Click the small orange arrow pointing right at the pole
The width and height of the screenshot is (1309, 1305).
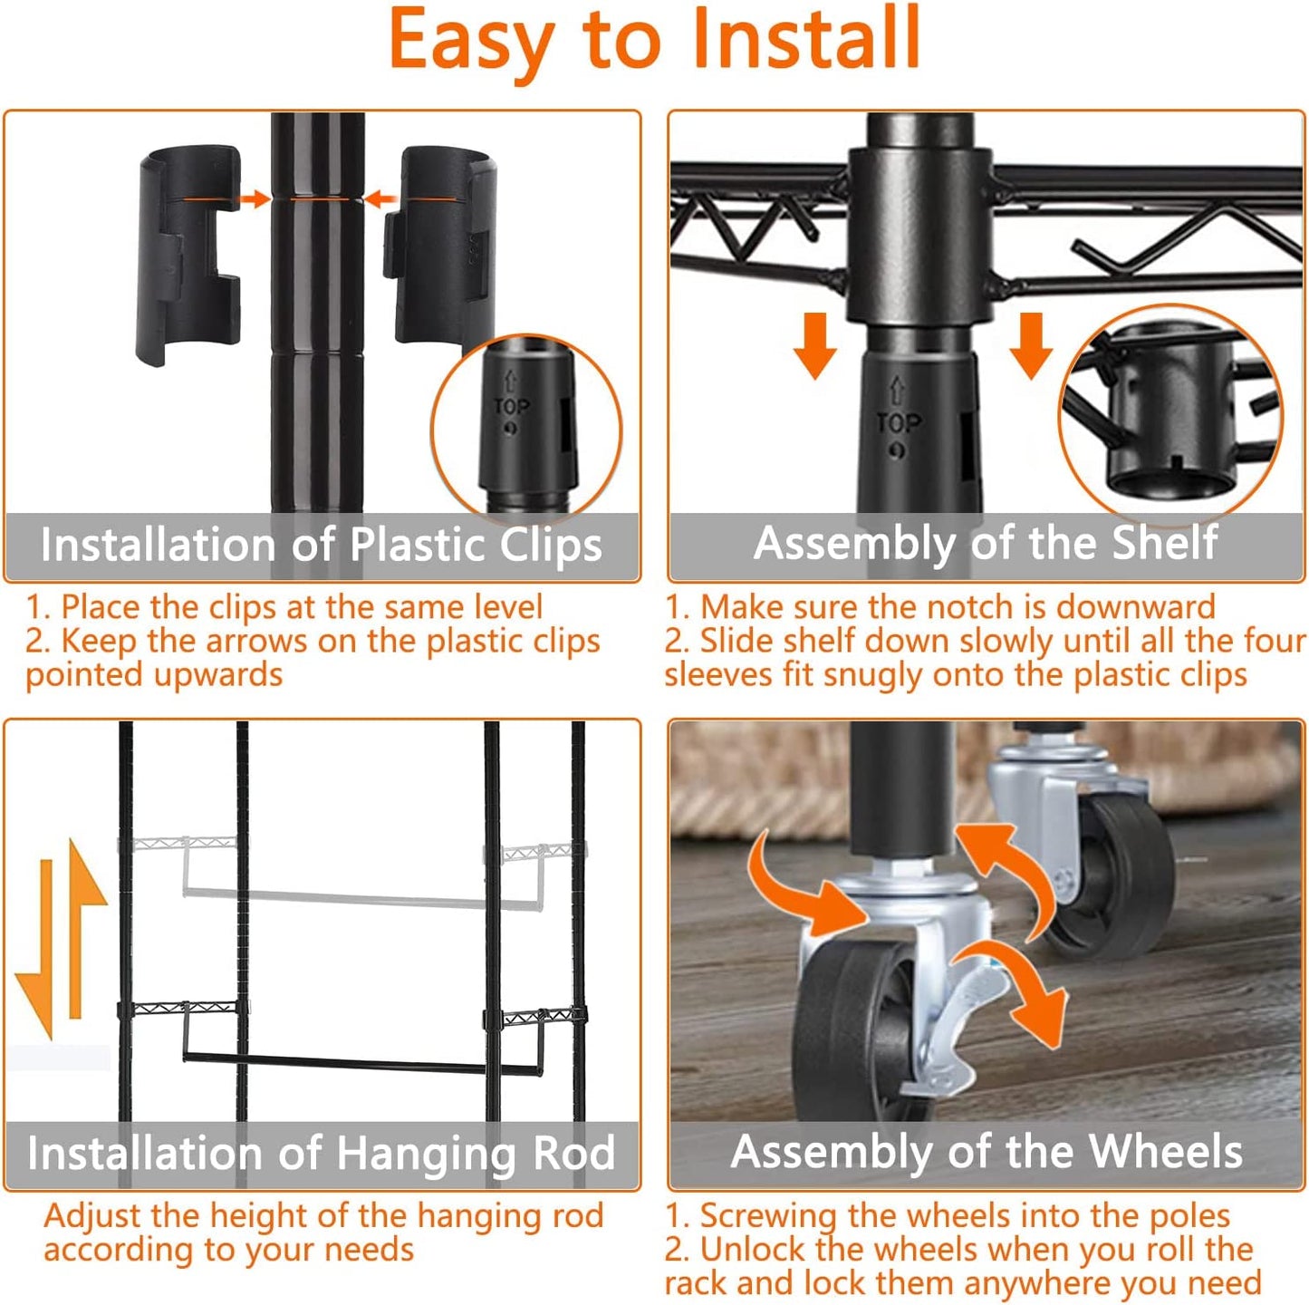[254, 198]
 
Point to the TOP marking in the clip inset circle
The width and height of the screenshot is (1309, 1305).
[511, 406]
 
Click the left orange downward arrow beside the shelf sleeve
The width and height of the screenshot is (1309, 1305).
[814, 346]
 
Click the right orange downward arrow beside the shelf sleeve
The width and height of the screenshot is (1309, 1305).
[1031, 346]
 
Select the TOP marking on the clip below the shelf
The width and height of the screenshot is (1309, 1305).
[898, 422]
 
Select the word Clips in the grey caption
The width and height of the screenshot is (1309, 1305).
[550, 546]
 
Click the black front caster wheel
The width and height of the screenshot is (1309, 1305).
[856, 1034]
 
